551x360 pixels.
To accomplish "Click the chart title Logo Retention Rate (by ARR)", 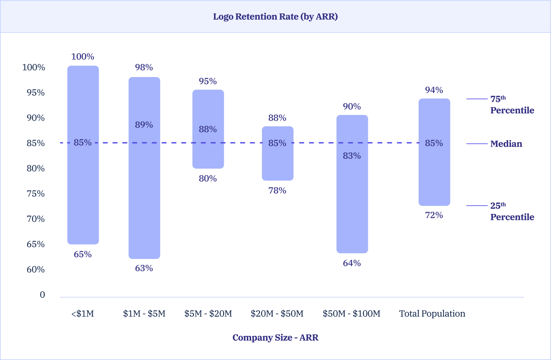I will tap(275, 17).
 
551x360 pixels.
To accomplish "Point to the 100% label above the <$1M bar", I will tap(83, 56).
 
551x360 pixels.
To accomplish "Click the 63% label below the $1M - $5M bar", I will tap(144, 268).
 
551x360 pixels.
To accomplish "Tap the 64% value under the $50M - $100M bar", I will tap(352, 263).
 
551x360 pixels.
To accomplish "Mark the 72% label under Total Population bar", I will tap(434, 215).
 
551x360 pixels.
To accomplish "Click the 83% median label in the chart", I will tap(352, 156).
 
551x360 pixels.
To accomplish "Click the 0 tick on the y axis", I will tap(42, 295).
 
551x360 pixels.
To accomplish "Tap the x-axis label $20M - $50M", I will tap(277, 314).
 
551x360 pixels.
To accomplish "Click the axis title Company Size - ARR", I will tap(275, 338).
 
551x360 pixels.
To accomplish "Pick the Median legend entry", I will tap(506, 144).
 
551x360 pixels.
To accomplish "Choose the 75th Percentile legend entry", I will tap(511, 105).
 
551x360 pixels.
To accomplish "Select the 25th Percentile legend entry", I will tap(511, 211).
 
